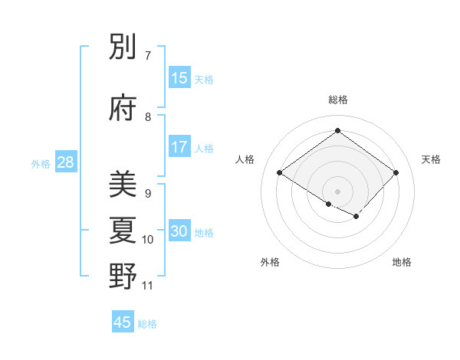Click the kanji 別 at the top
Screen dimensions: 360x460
point(123,48)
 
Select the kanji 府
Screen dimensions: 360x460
point(123,108)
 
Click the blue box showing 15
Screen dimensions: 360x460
point(179,78)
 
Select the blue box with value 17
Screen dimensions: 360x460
point(179,147)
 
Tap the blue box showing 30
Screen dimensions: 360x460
point(179,231)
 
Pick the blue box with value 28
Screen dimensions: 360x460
point(65,162)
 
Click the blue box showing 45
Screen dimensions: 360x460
point(123,322)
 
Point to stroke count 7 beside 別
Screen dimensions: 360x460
point(148,56)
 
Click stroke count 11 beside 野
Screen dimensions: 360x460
point(148,286)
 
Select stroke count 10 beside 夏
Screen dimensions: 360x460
point(148,240)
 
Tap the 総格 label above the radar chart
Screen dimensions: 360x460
point(337,100)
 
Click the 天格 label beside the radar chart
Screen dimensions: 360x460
point(431,159)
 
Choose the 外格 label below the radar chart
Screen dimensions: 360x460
point(270,262)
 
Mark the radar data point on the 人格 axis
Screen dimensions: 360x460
point(280,173)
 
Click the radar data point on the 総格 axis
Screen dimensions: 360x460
point(337,130)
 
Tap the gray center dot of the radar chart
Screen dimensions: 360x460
point(337,191)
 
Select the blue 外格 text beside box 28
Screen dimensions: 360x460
point(40,163)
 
